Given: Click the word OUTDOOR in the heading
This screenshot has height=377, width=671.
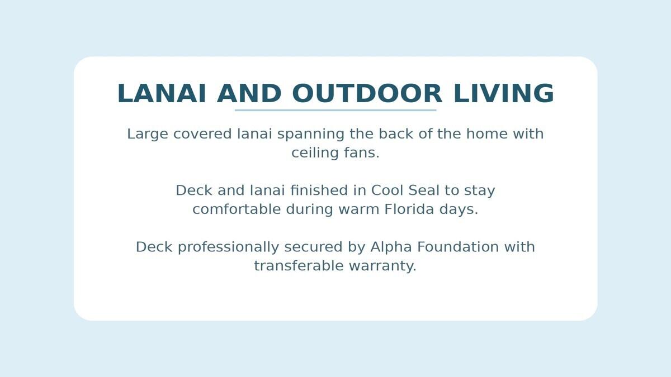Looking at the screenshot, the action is [367, 94].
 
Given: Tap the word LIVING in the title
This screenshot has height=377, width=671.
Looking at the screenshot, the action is [504, 94].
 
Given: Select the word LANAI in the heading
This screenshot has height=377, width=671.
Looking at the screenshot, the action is [162, 94].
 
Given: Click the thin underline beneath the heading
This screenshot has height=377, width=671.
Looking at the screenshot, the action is [335, 110].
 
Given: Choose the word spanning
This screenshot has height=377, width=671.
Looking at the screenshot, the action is [311, 134].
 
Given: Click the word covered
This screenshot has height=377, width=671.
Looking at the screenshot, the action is [202, 133].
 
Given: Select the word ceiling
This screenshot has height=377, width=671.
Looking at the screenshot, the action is [315, 153].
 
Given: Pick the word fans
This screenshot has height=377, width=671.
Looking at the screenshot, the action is [362, 152].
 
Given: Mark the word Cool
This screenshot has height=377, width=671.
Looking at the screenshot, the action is [388, 190].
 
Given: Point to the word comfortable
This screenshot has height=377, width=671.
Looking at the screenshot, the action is [237, 209].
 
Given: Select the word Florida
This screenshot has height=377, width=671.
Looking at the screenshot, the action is [409, 209].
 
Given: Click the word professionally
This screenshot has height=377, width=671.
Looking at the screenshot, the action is [228, 247].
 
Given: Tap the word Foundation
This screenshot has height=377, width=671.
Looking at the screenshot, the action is [458, 247].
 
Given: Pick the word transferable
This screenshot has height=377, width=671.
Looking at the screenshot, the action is [299, 266].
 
